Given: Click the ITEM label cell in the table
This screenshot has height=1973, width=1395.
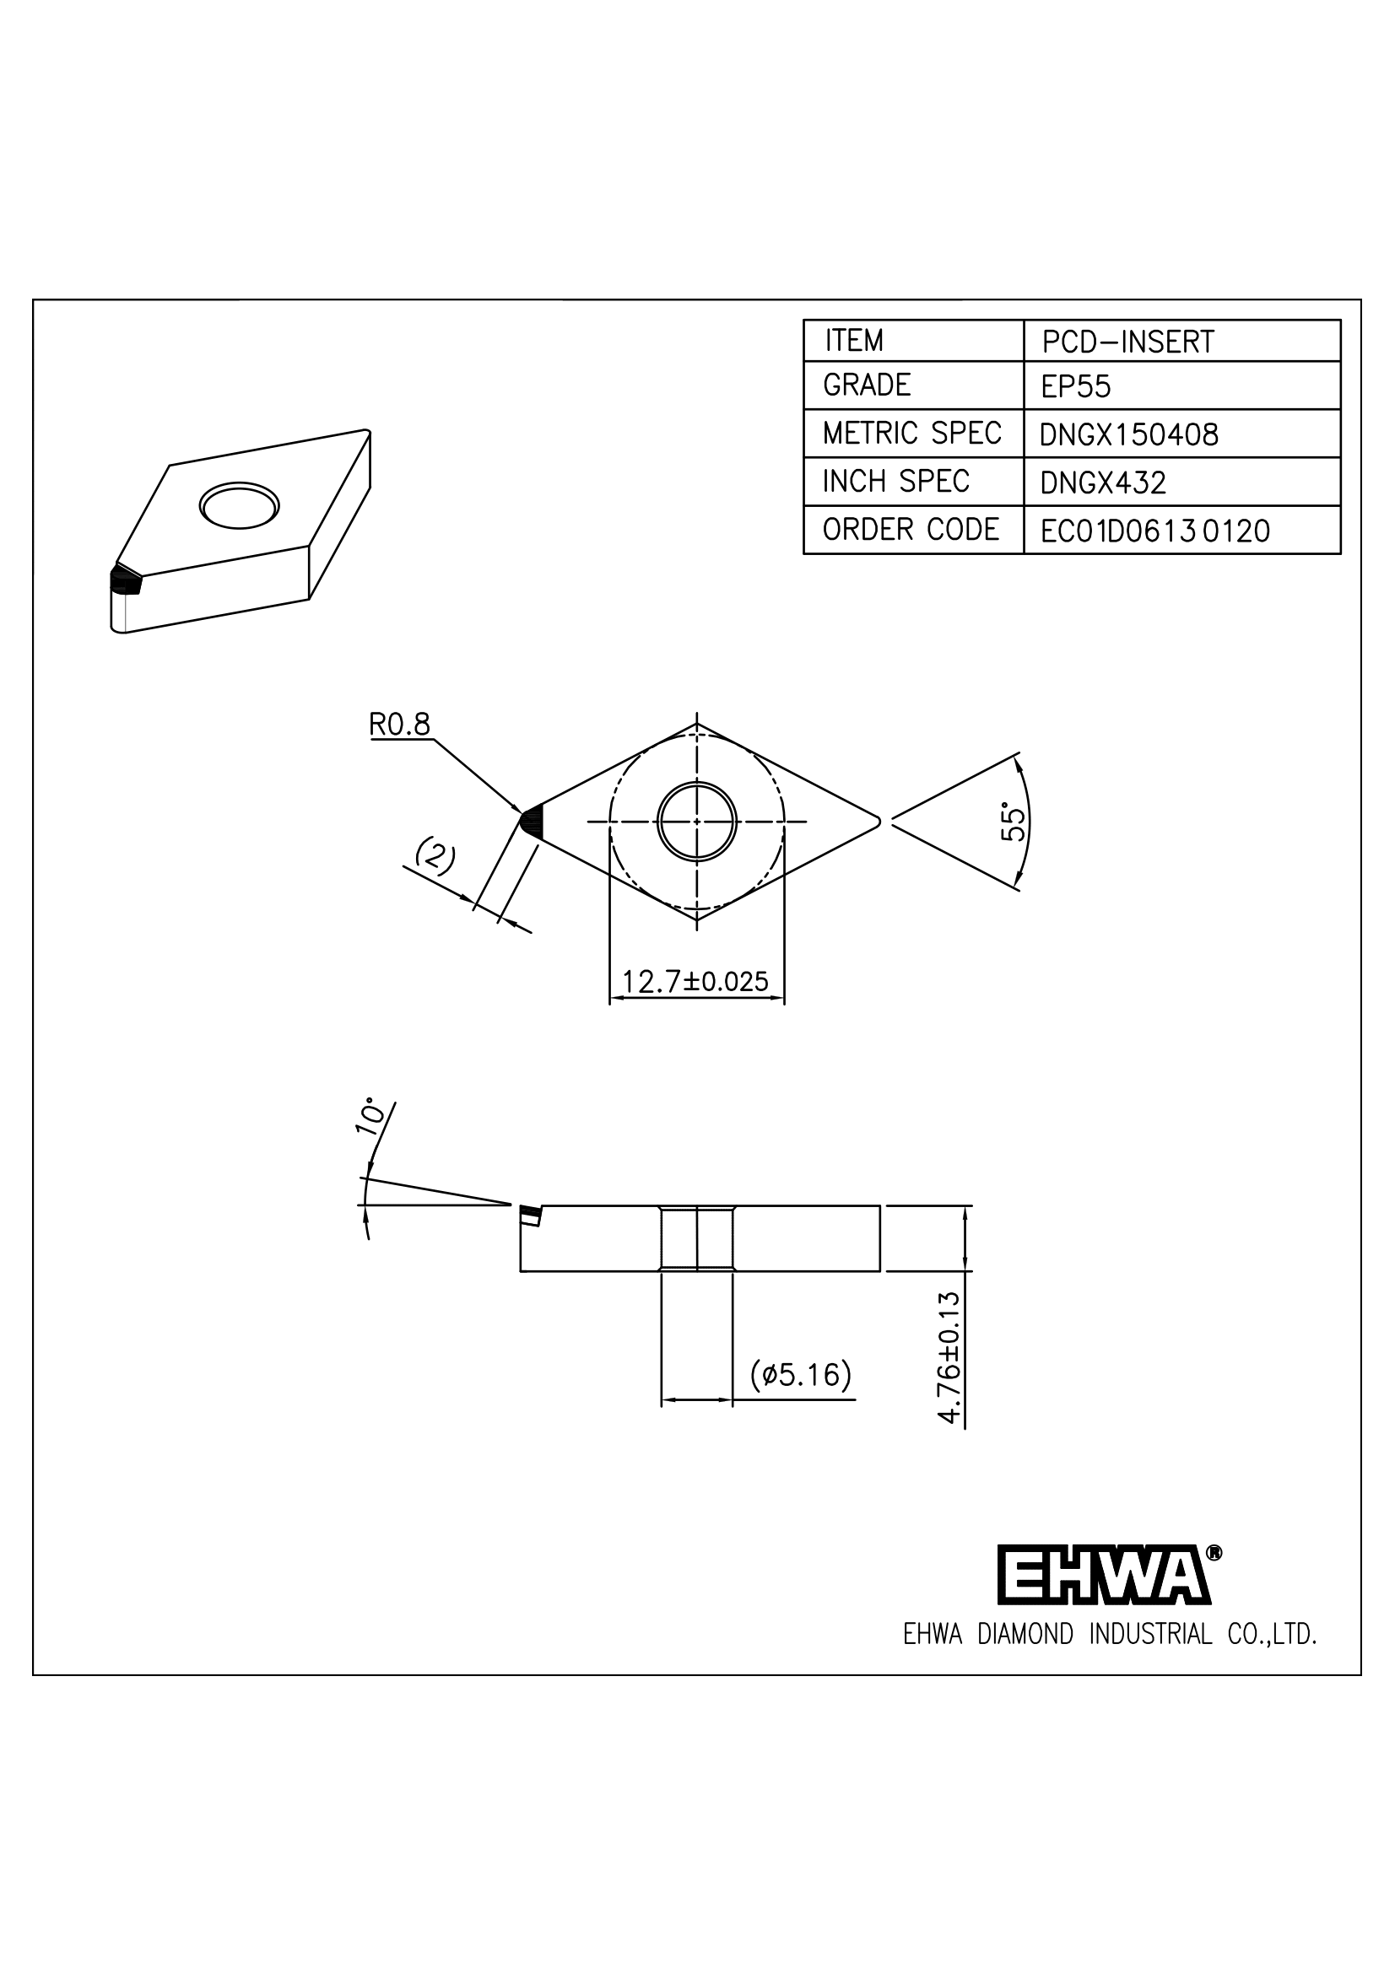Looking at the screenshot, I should click(x=853, y=341).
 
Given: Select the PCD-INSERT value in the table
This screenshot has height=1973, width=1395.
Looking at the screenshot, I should click(x=1127, y=342).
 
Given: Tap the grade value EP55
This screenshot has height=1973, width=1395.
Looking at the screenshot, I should click(x=1075, y=386).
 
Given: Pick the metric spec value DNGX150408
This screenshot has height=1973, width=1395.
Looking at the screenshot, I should click(x=1128, y=434).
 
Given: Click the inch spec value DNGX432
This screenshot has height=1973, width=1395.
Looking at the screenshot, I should click(x=1103, y=483).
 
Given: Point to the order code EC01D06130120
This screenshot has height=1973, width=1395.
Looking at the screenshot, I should click(x=1154, y=531).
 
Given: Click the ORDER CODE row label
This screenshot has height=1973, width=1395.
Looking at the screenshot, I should click(x=911, y=530).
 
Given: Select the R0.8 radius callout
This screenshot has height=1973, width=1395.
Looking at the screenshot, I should click(x=400, y=725).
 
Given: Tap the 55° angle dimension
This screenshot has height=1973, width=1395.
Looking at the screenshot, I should click(x=1014, y=822).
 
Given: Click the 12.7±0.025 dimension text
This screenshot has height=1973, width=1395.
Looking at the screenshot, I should click(x=695, y=981).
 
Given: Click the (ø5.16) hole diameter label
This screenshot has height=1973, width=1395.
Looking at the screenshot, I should click(x=800, y=1374).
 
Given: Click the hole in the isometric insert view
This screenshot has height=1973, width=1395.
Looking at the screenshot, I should click(x=239, y=505).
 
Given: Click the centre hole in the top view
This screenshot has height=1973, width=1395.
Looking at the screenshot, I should click(x=696, y=821).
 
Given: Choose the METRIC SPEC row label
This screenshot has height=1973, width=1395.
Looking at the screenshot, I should click(x=911, y=433).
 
